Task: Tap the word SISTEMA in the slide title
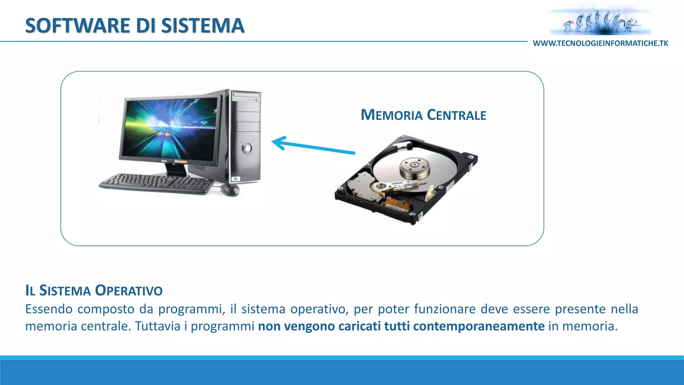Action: click(203, 26)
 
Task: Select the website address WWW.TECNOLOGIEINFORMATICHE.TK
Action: click(600, 43)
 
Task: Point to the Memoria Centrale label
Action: click(423, 115)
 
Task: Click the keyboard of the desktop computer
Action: click(156, 183)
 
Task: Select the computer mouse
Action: click(230, 189)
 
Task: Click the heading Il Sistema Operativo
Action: click(94, 290)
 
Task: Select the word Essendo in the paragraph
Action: click(49, 309)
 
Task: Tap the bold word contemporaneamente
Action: click(479, 326)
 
